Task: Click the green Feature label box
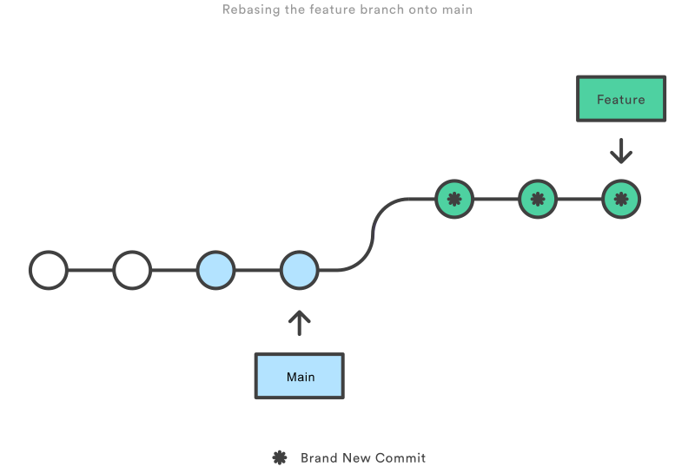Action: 621,99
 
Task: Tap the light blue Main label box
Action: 300,377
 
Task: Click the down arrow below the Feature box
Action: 621,151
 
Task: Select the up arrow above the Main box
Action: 299,323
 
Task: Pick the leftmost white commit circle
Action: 49,271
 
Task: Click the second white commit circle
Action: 132,271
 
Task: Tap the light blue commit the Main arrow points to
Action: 299,271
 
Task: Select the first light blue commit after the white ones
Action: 215,271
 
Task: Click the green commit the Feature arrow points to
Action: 621,199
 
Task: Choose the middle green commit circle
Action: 538,199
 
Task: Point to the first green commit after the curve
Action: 453,199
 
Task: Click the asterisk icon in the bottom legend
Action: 280,457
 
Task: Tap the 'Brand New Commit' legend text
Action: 363,457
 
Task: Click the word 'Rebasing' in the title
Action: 251,10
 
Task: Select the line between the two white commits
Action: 90,271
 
